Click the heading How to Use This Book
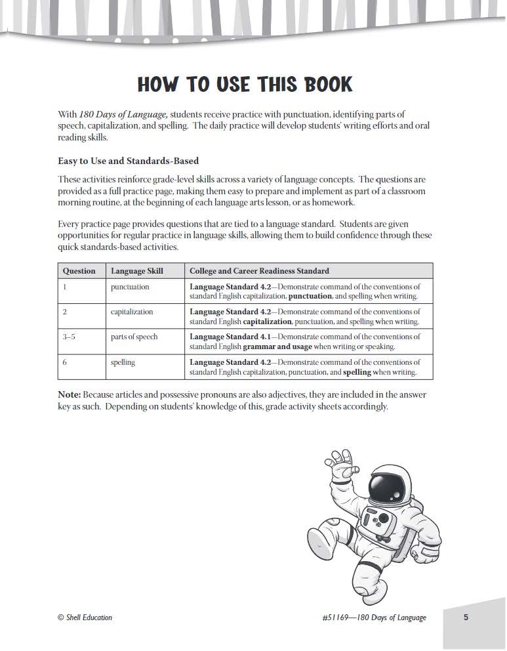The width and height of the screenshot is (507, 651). click(245, 85)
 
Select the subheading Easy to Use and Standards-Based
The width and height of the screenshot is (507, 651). click(128, 161)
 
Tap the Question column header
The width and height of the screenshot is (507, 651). click(79, 271)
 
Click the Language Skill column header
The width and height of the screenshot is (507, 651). click(137, 271)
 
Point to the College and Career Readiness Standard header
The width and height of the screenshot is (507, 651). click(259, 271)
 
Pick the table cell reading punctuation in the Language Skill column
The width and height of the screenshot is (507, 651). click(130, 287)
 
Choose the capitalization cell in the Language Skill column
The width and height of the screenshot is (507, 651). click(132, 312)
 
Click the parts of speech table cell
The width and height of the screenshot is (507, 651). click(134, 337)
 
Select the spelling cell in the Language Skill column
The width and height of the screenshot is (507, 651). click(123, 362)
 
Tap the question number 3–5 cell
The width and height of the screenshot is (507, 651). click(69, 337)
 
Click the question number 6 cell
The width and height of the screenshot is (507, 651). click(64, 362)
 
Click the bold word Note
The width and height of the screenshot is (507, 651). click(70, 394)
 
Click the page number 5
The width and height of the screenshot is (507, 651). click(466, 617)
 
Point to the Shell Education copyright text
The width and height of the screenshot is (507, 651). click(85, 618)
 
